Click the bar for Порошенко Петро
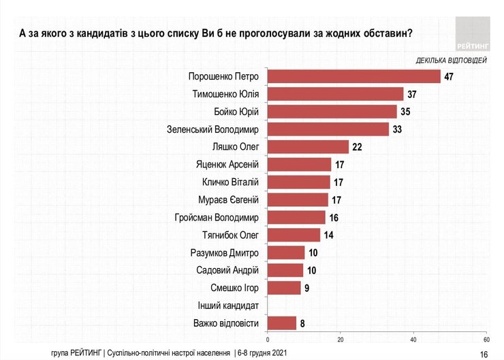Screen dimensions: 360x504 [354, 76]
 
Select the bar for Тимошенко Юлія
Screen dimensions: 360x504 [336, 94]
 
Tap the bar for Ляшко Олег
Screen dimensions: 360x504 [309, 146]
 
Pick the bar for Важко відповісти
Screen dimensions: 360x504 [282, 323]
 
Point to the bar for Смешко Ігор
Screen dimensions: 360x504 [284, 287]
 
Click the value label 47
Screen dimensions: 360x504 [449, 76]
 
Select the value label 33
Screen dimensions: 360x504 [398, 129]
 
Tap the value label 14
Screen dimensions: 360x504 [329, 235]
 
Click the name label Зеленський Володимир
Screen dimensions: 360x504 [213, 129]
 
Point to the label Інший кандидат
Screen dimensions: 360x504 [228, 305]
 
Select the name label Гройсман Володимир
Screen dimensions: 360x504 [217, 217]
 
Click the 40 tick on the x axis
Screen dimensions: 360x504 [413, 338]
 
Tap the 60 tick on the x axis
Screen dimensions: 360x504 [486, 338]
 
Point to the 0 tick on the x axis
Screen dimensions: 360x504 [268, 338]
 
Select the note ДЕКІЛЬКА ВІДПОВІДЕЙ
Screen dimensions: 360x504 [451, 60]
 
